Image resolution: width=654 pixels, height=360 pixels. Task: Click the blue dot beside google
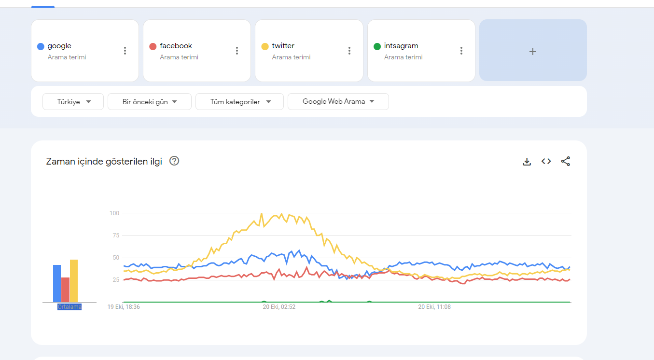point(41,46)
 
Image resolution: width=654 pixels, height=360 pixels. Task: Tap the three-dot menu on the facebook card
point(237,51)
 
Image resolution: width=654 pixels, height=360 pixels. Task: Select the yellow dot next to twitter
point(265,46)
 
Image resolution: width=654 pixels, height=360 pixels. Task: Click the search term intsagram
point(401,46)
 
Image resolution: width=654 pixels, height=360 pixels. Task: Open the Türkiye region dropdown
point(73,102)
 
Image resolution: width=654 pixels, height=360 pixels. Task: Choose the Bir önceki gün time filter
point(150,102)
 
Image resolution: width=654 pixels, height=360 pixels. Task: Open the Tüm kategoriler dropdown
point(239,102)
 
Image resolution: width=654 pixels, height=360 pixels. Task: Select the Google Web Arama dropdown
point(338,102)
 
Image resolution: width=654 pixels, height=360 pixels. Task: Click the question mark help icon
point(174,161)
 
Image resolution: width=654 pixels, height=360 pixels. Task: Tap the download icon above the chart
point(527,162)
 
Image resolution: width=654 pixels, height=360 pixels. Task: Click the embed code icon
point(546,161)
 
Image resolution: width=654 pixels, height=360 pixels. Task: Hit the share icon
point(566,161)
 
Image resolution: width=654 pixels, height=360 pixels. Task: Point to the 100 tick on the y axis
point(114,213)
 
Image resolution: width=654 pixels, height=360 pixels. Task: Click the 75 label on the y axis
point(116,235)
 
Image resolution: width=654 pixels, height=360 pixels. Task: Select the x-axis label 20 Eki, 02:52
point(279,307)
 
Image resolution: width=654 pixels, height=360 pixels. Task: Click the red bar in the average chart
point(66,290)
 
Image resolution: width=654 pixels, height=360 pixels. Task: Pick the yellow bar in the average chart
point(74,280)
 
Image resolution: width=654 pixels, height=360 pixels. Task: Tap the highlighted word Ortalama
point(70,307)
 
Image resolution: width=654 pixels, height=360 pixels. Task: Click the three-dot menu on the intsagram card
point(461,51)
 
